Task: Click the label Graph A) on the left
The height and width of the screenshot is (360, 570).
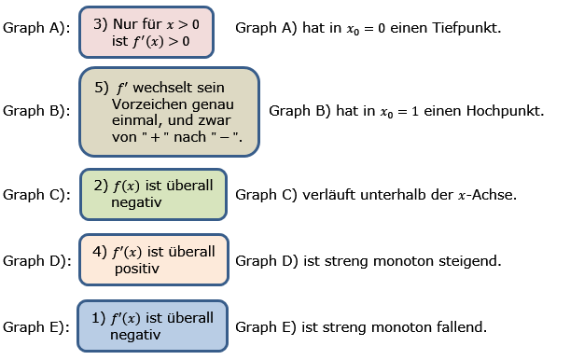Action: (x=36, y=28)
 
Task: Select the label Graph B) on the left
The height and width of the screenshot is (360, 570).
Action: (x=36, y=111)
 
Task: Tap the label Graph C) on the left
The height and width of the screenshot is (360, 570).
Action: (x=36, y=195)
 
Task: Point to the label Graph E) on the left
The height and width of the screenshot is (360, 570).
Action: (x=36, y=327)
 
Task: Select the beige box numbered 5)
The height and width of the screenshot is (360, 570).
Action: (x=169, y=111)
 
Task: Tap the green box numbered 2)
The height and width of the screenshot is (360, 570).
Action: (x=153, y=194)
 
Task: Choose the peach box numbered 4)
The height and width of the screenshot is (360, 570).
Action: (x=153, y=259)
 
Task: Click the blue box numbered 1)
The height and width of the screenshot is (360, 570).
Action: (x=153, y=325)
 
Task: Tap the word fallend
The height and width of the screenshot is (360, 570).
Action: (x=463, y=327)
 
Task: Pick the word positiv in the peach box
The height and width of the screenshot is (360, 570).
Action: (x=137, y=269)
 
